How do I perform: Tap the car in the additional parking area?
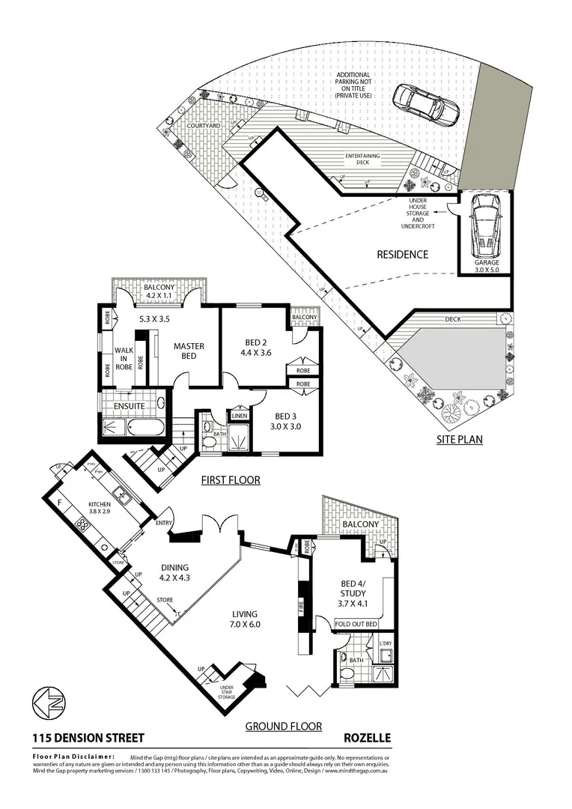(425, 105)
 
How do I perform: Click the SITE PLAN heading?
(460, 440)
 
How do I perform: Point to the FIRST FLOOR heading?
(230, 479)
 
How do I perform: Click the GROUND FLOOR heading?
(284, 726)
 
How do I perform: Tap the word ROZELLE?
(367, 738)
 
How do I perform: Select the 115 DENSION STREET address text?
(88, 738)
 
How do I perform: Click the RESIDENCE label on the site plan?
(403, 255)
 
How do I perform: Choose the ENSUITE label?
(129, 406)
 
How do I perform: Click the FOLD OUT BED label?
(356, 624)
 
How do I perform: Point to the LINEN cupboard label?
(239, 415)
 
